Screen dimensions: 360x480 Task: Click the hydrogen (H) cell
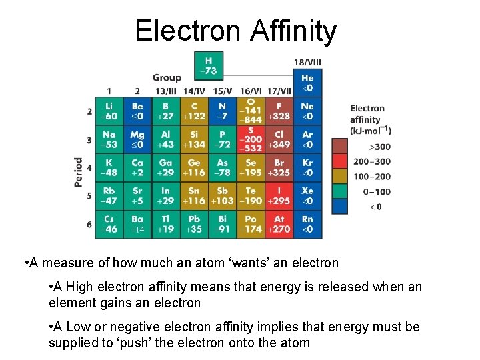click(x=209, y=65)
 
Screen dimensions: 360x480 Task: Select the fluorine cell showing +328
click(x=279, y=111)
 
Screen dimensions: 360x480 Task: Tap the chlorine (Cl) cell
click(x=279, y=139)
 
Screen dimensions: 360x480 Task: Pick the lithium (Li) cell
click(x=109, y=111)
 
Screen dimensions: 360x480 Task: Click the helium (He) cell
click(x=307, y=83)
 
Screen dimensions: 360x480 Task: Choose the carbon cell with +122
click(x=194, y=111)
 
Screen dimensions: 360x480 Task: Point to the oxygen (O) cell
click(x=251, y=111)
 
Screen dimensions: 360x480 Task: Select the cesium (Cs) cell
click(x=109, y=224)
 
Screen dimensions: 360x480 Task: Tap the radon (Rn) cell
click(x=307, y=224)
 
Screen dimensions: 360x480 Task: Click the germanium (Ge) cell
click(x=194, y=167)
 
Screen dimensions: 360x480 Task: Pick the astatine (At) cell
click(x=279, y=224)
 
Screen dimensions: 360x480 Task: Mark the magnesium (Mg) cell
click(x=137, y=139)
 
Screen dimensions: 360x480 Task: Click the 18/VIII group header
click(x=307, y=63)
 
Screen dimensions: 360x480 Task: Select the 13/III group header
click(x=166, y=91)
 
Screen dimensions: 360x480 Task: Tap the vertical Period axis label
click(x=79, y=171)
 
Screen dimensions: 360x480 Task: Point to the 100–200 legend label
click(x=372, y=177)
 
